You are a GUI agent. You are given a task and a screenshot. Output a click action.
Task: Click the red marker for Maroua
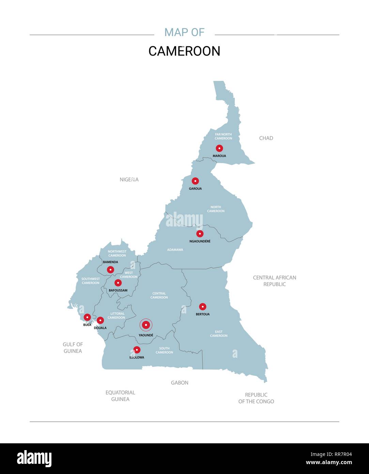tap(219, 148)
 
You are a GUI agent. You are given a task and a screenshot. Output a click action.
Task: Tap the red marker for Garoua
tap(195, 181)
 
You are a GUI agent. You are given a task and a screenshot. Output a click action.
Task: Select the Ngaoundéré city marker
tap(200, 234)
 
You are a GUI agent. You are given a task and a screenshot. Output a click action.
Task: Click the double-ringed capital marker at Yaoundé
tap(146, 325)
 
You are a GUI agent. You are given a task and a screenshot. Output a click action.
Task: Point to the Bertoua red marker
tap(203, 307)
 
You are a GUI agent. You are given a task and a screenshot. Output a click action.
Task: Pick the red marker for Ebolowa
tap(137, 350)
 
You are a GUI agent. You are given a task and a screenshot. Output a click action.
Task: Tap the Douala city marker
tap(100, 320)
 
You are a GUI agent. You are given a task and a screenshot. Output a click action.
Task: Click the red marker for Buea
tap(87, 317)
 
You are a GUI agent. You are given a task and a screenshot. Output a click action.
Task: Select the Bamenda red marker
tap(110, 270)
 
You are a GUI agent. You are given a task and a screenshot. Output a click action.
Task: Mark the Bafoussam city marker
tap(118, 283)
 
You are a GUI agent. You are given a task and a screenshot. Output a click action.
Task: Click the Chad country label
tap(266, 138)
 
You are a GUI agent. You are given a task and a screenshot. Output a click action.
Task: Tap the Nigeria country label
tap(129, 179)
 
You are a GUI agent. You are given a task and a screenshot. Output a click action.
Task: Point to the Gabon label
tap(180, 383)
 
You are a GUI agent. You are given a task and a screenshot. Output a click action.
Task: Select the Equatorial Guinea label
tap(120, 396)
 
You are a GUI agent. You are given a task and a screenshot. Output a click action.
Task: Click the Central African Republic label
tap(275, 281)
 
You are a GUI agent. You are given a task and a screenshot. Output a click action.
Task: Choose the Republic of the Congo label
tap(256, 398)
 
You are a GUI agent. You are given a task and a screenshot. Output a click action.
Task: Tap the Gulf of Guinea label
tap(73, 347)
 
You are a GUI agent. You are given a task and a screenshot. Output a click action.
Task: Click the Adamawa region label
tap(175, 250)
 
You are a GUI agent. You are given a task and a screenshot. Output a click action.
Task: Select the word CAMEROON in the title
tap(184, 51)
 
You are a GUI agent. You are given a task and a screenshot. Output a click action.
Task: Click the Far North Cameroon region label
tap(224, 136)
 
